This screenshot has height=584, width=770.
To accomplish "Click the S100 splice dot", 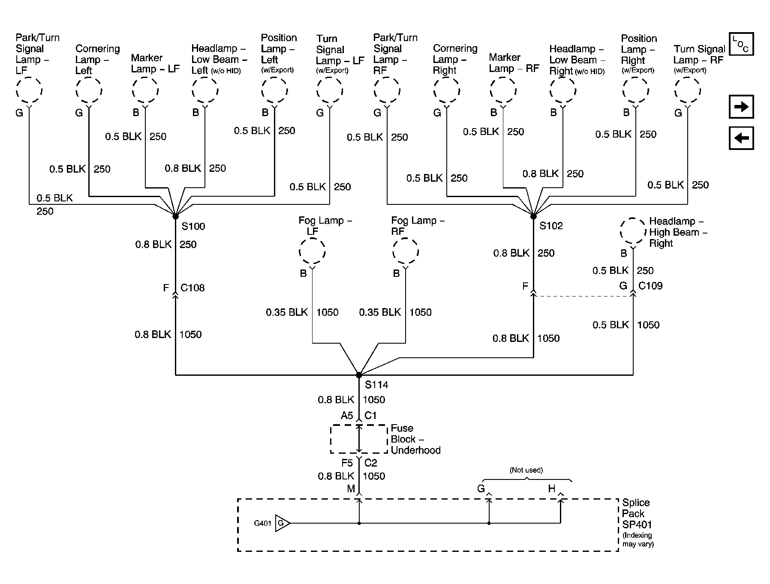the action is pos(175,216).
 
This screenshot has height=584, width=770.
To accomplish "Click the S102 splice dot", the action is pos(533,216).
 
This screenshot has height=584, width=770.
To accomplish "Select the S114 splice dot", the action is pos(359,375).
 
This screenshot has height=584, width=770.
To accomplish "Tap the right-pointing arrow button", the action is pos(741,107).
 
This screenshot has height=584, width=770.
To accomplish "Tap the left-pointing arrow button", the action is pos(741,138).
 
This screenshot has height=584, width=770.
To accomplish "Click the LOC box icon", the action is pos(741,44).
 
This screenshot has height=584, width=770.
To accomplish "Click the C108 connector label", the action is pos(192,288).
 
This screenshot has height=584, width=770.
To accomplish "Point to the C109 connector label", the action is pos(650,286).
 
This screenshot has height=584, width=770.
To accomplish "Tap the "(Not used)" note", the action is pos(526,470).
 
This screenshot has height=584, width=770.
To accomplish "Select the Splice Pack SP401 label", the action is pos(636,513).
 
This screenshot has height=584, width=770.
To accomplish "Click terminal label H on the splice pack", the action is pos(551,489).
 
